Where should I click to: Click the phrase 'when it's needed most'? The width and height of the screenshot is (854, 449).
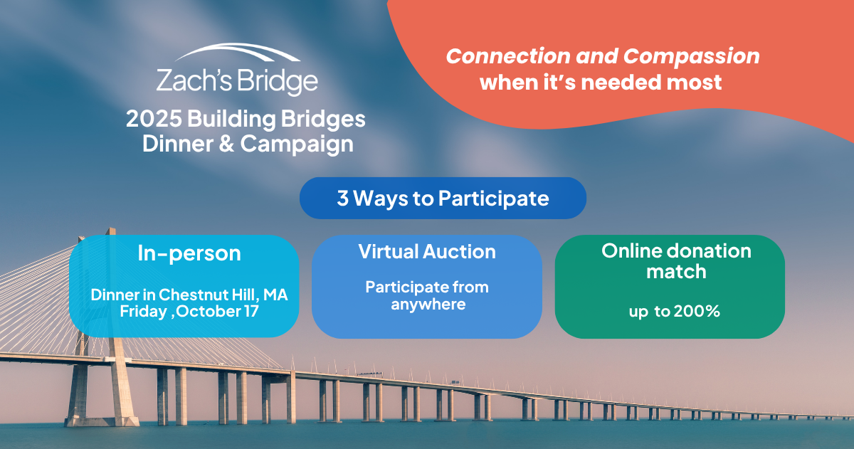point(601,82)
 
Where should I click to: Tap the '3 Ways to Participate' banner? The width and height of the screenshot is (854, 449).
point(443,198)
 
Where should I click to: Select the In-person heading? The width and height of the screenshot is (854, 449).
point(189,253)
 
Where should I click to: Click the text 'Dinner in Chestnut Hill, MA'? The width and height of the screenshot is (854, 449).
point(189,294)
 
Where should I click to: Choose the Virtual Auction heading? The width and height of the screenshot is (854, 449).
point(427,251)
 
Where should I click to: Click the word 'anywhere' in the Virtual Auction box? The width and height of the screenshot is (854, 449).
point(427,305)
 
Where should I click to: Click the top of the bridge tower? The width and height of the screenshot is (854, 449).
point(111,231)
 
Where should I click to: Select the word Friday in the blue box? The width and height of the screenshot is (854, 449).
point(140,312)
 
